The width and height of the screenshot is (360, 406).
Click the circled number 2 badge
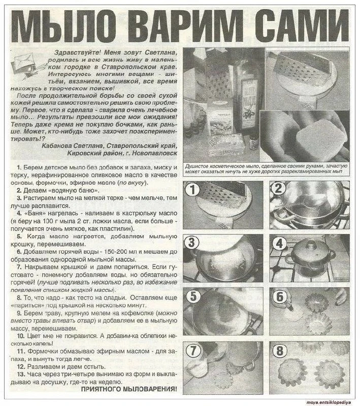tap(278, 188)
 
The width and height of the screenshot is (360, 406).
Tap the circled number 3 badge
tap(191, 243)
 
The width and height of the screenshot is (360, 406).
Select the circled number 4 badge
tap(279, 244)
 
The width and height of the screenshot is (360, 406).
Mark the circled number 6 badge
tap(280, 297)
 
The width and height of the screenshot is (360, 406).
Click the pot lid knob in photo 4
tap(310, 244)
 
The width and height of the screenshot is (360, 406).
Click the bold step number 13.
tap(21, 374)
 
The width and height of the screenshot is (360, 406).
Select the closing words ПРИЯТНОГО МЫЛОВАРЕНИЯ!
tap(129, 389)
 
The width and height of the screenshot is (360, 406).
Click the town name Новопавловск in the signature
tap(155, 153)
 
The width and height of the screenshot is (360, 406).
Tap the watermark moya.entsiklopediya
tap(329, 402)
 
